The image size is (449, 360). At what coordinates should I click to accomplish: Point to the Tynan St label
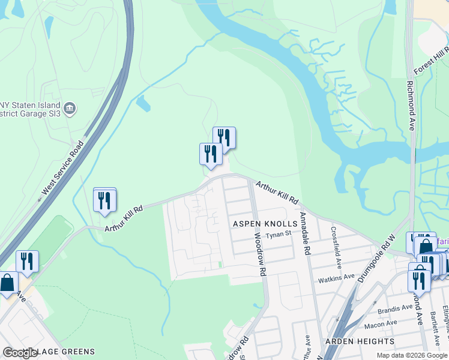279,235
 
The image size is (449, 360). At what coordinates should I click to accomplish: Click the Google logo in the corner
20,353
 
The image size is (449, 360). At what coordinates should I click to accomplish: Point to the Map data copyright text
412,355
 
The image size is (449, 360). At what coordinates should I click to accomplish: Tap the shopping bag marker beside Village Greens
7,283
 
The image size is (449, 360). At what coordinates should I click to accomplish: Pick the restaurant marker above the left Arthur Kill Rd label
105,200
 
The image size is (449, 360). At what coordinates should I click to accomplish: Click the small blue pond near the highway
142,104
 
